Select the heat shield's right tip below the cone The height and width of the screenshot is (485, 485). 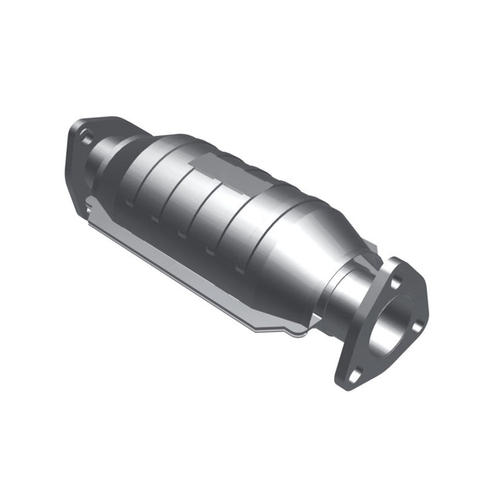pos(296,331)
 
